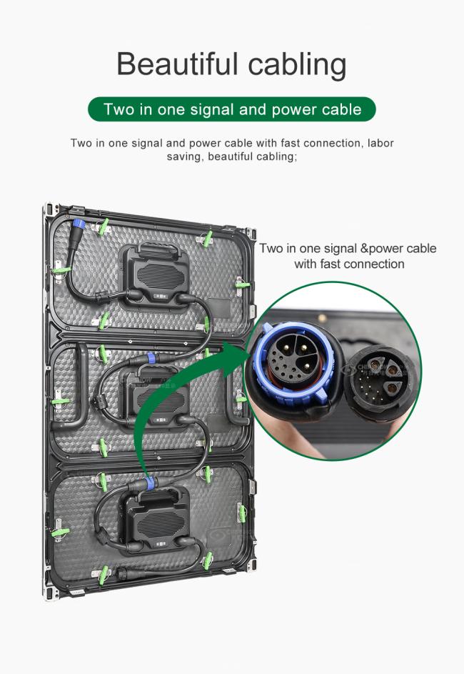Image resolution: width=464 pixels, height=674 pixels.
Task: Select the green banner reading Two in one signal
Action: pyautogui.click(x=232, y=109)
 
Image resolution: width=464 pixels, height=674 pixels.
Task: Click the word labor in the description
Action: pyautogui.click(x=380, y=143)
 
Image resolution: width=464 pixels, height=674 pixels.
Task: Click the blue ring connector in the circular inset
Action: pyautogui.click(x=296, y=361)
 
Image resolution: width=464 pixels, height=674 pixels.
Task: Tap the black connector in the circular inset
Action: pyautogui.click(x=380, y=382)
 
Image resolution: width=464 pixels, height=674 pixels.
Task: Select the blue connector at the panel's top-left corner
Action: pyautogui.click(x=78, y=224)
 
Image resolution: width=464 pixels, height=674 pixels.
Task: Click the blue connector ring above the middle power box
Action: pyautogui.click(x=151, y=357)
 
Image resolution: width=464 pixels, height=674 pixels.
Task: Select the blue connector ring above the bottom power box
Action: pyautogui.click(x=150, y=483)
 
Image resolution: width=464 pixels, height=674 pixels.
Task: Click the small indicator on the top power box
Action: pyautogui.click(x=161, y=296)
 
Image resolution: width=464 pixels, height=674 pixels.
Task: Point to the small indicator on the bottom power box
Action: pyautogui.click(x=161, y=545)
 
